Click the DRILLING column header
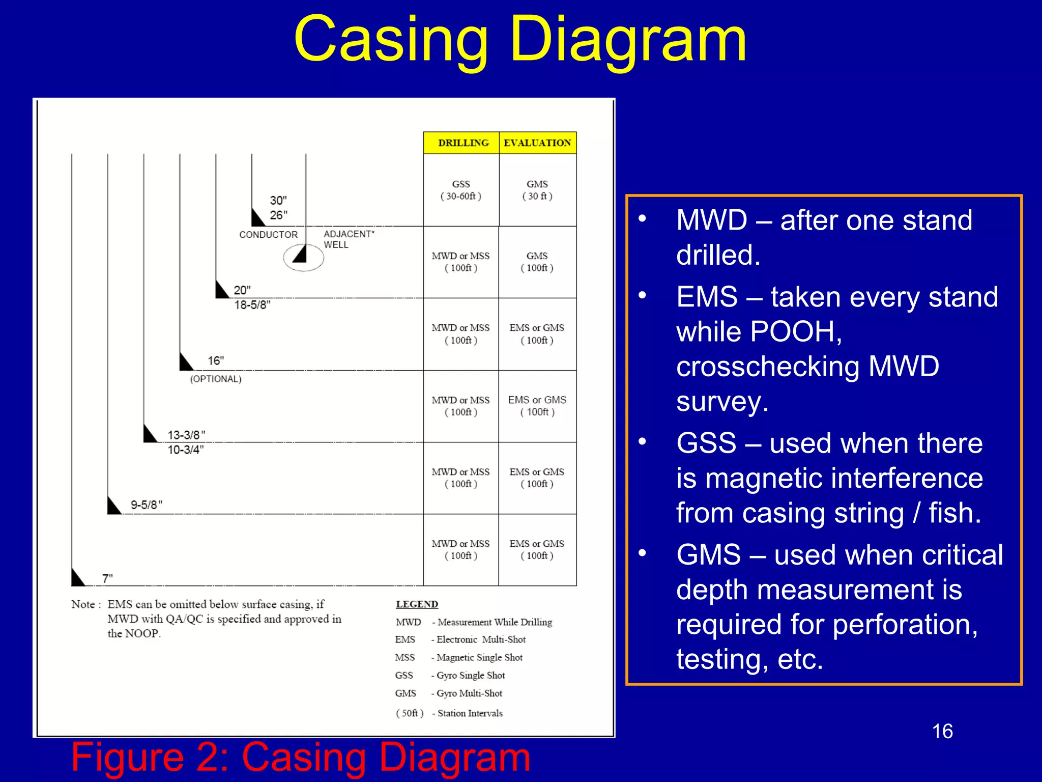click(462, 143)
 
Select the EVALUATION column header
click(537, 143)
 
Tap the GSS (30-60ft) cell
click(461, 190)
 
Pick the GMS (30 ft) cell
click(537, 190)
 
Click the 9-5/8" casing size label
click(147, 505)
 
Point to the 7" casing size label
click(107, 578)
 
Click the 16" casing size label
click(216, 360)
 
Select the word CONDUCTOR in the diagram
click(269, 235)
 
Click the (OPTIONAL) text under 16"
click(216, 379)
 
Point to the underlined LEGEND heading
click(417, 604)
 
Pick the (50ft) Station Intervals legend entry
click(449, 713)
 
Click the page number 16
click(942, 731)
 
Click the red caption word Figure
click(127, 757)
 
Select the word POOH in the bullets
click(796, 331)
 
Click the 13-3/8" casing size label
click(186, 435)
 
